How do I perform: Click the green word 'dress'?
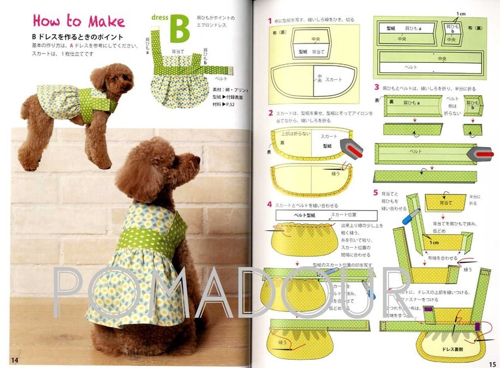(160, 17)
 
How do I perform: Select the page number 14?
(14, 359)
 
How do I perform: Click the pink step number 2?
(270, 113)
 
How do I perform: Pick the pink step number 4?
(270, 204)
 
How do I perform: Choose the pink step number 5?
(376, 192)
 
